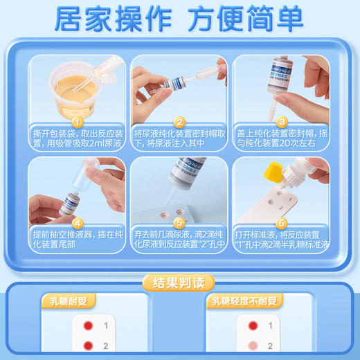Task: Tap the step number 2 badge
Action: click(179, 121)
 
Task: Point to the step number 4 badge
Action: click(78, 223)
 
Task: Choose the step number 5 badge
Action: click(179, 223)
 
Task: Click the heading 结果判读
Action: click(179, 282)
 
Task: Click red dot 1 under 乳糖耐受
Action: click(87, 325)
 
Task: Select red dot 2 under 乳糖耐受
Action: click(87, 345)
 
